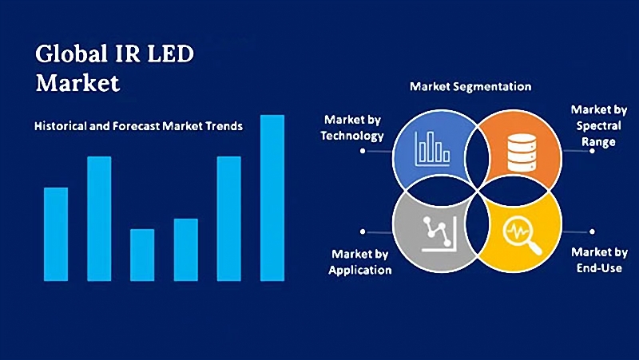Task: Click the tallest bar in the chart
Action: [x=272, y=197]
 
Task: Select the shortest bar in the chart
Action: [x=142, y=255]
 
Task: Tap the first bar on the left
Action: [x=56, y=233]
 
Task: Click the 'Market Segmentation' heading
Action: [x=470, y=85]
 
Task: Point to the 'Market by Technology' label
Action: [x=352, y=127]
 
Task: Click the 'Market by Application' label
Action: [x=360, y=262]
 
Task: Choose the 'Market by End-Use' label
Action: [x=599, y=259]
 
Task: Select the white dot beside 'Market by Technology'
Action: [x=363, y=150]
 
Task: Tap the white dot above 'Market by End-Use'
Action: [x=592, y=231]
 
